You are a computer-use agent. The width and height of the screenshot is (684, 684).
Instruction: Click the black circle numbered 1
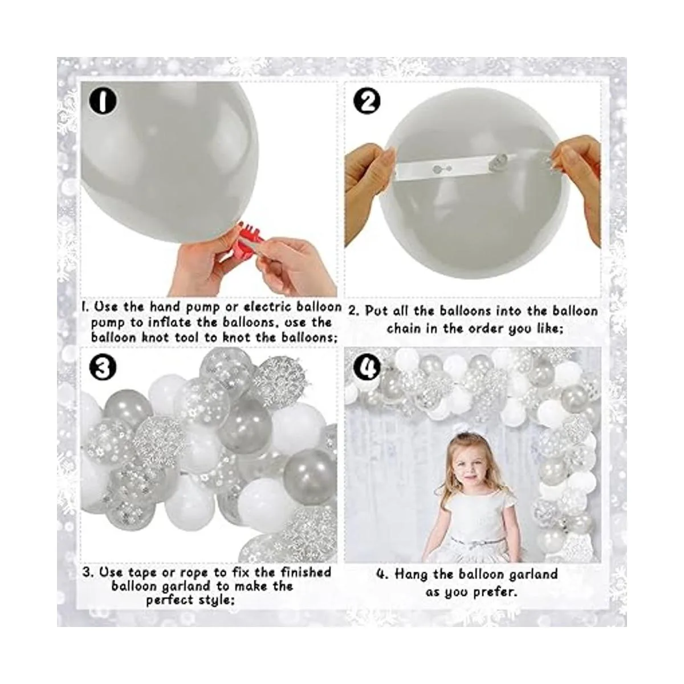103,101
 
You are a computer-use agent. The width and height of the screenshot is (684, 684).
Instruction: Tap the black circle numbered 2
367,102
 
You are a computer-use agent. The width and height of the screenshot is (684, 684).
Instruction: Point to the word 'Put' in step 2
377,312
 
